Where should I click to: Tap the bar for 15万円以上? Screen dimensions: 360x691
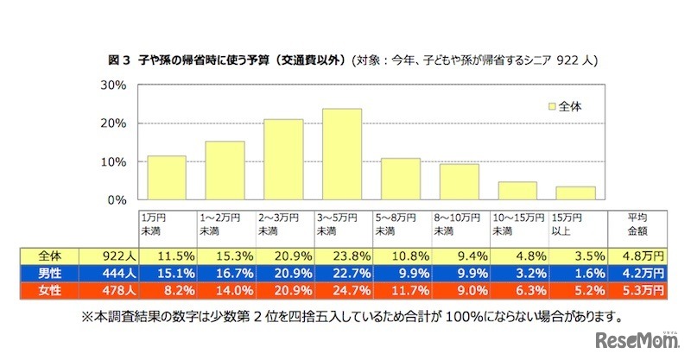click(575, 193)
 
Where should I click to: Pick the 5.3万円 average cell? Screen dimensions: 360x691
click(639, 288)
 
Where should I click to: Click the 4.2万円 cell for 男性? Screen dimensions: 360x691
click(639, 272)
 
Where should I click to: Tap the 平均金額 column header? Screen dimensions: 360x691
click(638, 225)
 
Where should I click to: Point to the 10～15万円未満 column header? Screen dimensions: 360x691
click(517, 225)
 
